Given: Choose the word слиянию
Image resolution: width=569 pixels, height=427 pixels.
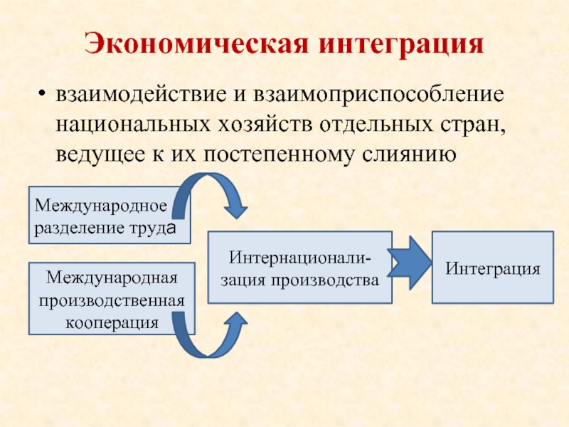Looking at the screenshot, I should tap(416, 154).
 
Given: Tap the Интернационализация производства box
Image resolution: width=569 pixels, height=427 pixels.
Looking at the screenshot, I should tap(299, 268).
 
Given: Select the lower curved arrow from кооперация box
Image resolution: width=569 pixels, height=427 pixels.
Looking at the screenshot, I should tap(213, 338).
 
